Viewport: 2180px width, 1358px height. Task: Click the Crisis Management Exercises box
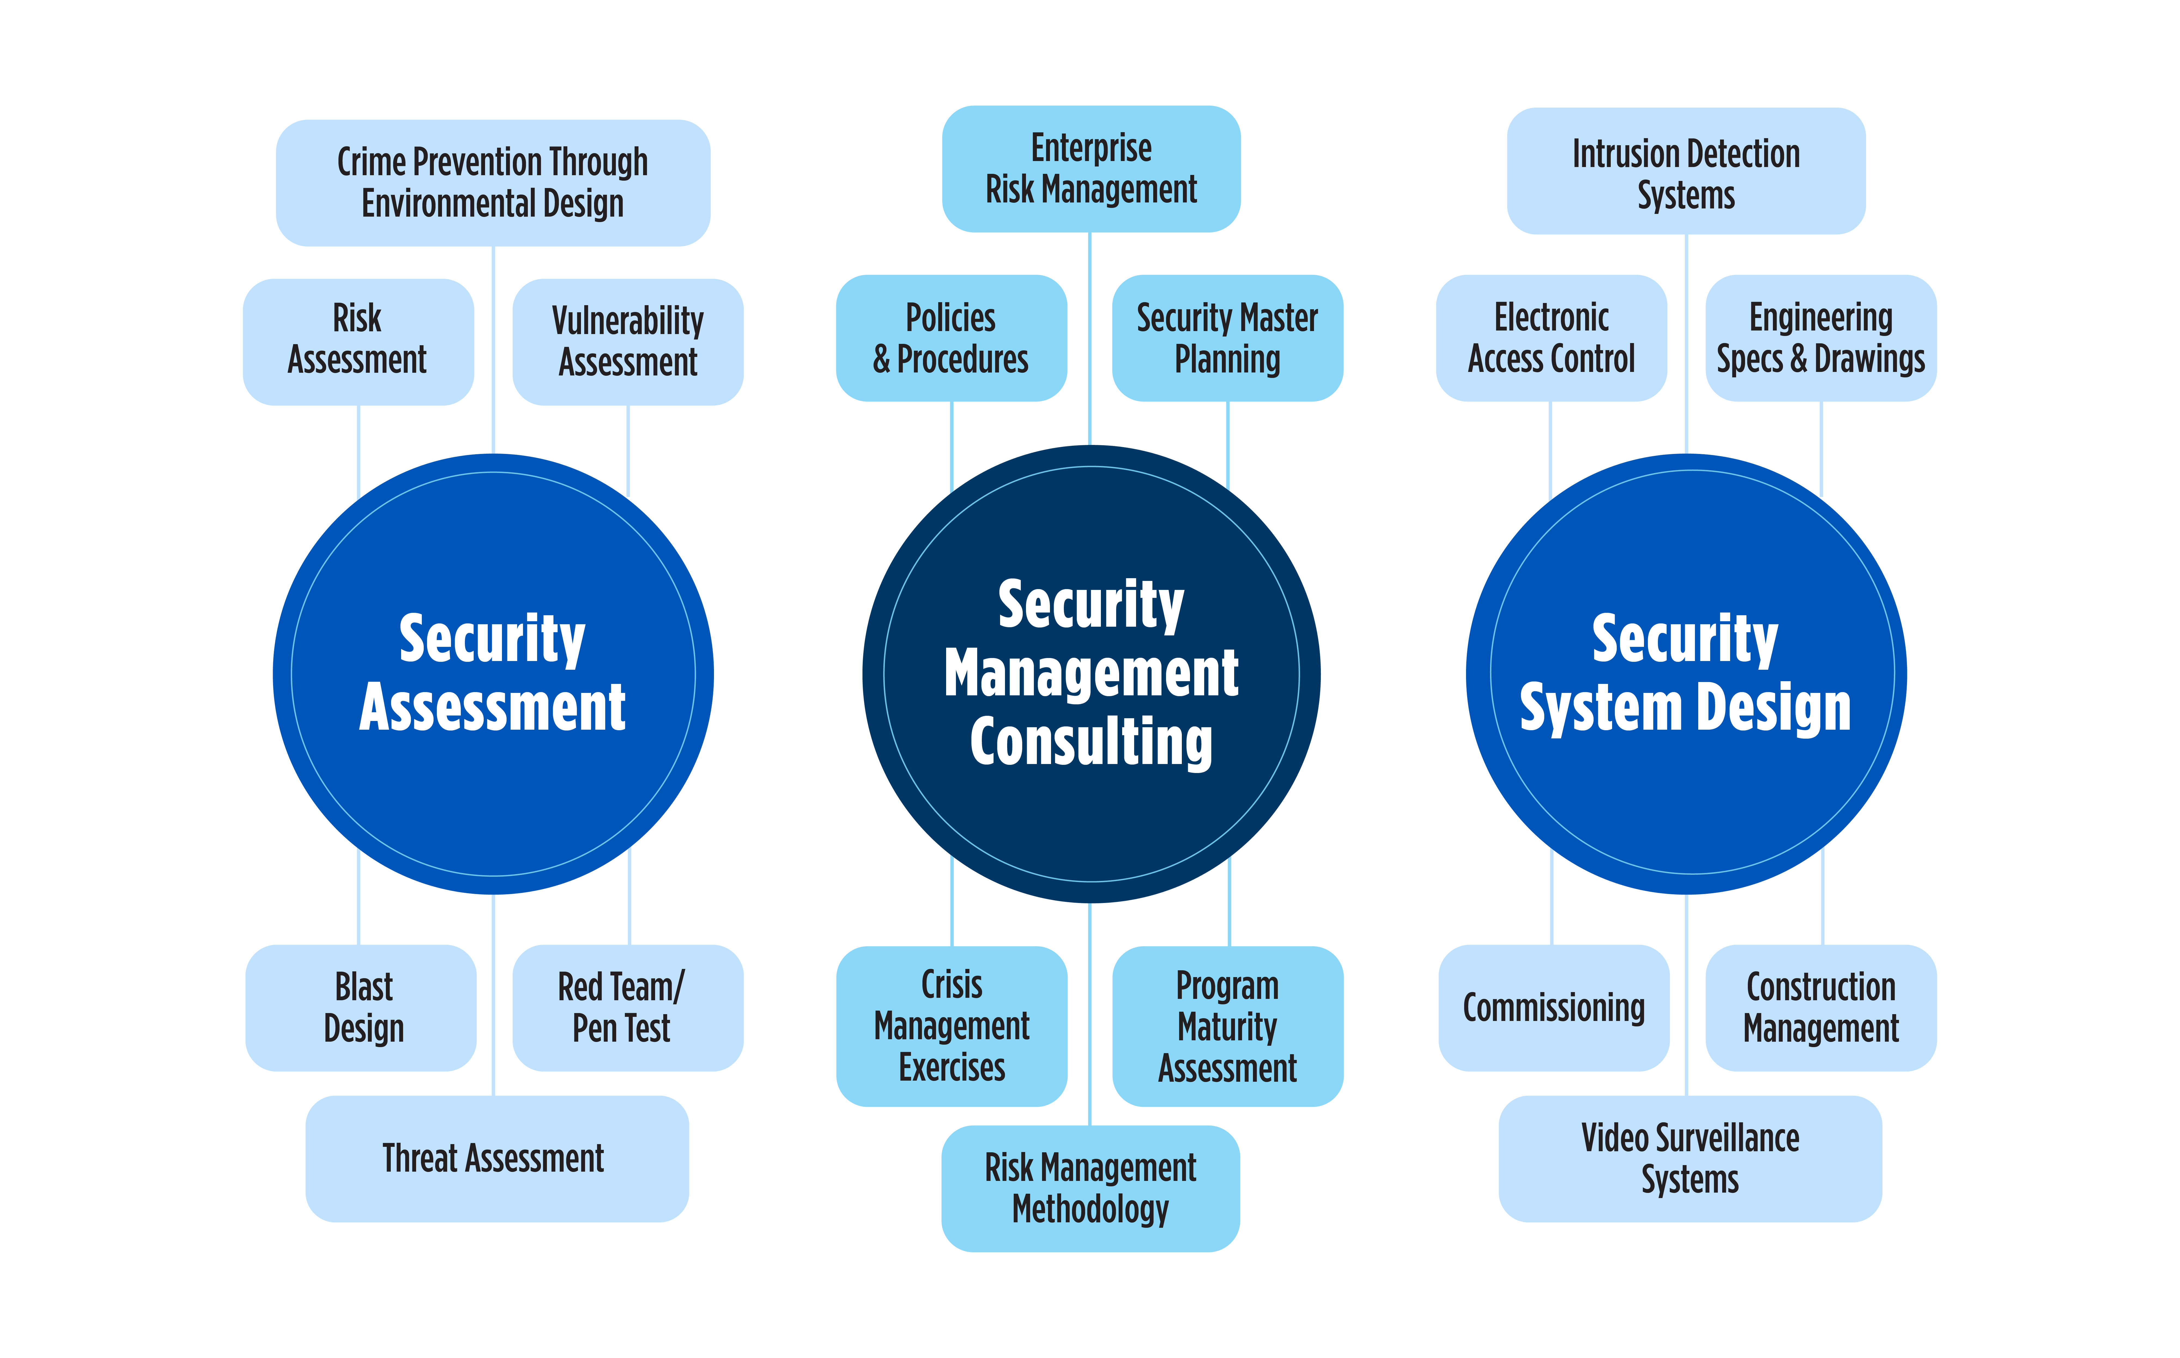pos(951,1026)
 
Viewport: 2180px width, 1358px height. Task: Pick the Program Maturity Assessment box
pos(1227,1026)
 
